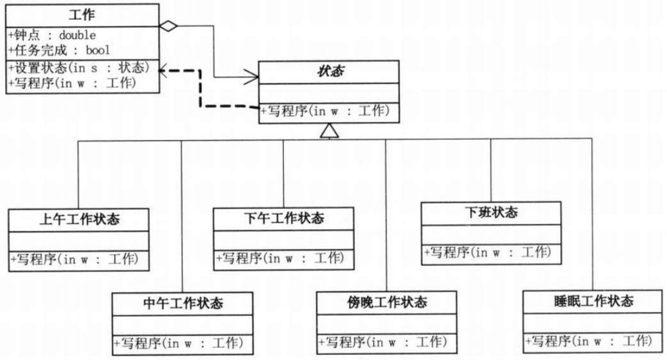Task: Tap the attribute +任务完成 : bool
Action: pyautogui.click(x=59, y=51)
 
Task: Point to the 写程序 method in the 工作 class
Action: pyautogui.click(x=72, y=82)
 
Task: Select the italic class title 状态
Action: pyautogui.click(x=329, y=72)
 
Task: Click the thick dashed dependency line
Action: pyautogui.click(x=201, y=90)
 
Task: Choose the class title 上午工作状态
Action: pyautogui.click(x=79, y=220)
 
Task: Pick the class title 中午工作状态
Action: pyautogui.click(x=182, y=303)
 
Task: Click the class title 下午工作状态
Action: pyautogui.click(x=283, y=219)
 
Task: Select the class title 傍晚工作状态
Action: pyautogui.click(x=387, y=302)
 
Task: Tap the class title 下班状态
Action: pyautogui.click(x=490, y=213)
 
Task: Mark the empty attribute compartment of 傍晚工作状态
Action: pyautogui.click(x=387, y=324)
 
